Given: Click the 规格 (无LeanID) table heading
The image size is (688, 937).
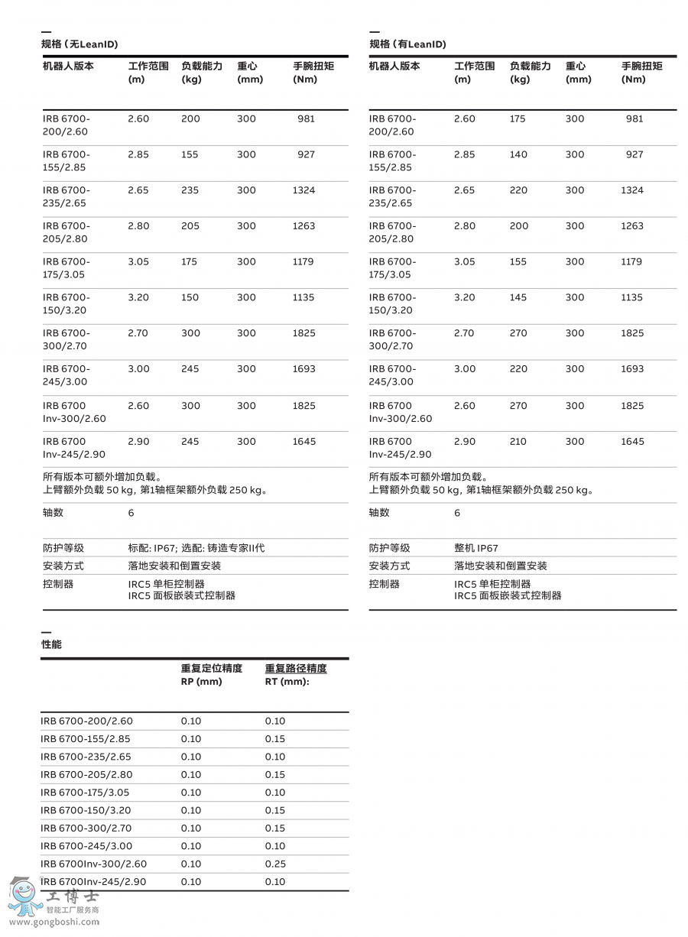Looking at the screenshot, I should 80,44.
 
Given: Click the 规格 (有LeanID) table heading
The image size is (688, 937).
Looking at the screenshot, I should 407,44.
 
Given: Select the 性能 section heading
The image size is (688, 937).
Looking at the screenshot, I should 51,644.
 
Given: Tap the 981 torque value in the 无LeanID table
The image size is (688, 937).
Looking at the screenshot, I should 306,118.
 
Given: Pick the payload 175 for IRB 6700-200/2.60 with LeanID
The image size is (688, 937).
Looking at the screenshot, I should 518,118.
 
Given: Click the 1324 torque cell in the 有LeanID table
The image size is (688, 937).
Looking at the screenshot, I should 632,190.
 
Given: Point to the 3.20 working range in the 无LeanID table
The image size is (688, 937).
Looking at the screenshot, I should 138,297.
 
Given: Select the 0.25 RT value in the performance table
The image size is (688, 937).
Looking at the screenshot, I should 275,864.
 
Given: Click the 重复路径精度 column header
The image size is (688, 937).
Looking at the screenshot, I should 296,669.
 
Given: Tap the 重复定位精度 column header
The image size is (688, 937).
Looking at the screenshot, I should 212,669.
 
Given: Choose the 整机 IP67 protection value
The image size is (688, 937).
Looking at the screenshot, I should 475,548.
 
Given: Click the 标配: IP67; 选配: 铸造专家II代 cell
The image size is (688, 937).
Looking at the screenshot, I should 196,548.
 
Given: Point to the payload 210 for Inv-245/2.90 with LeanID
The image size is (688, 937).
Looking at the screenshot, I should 518,441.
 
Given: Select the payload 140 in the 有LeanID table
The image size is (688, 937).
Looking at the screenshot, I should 518,154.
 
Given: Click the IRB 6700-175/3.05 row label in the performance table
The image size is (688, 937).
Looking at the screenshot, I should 85,793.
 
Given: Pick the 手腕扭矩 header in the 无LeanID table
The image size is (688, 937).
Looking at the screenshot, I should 313,66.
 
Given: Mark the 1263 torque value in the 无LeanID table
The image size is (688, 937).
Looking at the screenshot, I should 303,226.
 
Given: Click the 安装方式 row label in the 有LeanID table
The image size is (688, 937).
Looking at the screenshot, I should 389,566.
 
